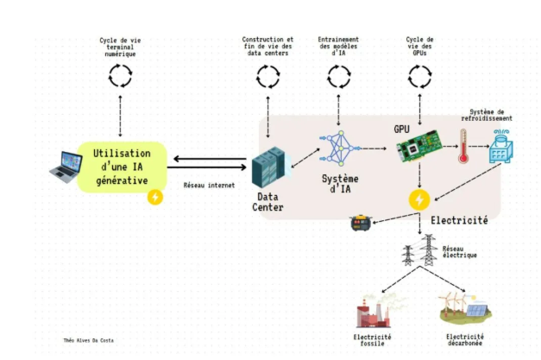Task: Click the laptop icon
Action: click(63, 167)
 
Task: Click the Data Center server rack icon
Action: click(267, 167)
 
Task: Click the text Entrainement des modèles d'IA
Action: click(337, 47)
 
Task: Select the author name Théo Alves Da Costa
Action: click(88, 340)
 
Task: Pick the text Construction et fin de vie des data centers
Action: click(267, 47)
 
